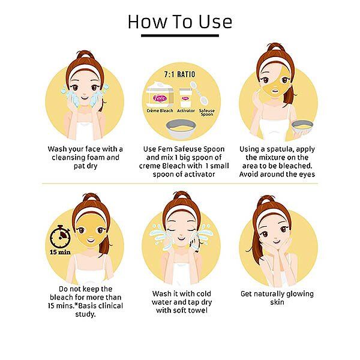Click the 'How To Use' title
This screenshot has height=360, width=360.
(x=180, y=22)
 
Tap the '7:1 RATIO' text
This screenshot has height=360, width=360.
(x=179, y=74)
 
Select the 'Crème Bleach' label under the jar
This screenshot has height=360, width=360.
(x=160, y=110)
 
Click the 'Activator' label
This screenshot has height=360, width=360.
(x=186, y=110)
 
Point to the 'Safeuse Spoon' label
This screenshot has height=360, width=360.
(x=206, y=112)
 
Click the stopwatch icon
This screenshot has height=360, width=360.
(x=60, y=236)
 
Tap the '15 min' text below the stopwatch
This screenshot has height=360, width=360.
(x=60, y=252)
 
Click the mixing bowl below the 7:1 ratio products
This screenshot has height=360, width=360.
(x=181, y=129)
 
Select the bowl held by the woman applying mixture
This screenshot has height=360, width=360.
(x=302, y=127)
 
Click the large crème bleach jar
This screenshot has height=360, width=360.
(x=160, y=95)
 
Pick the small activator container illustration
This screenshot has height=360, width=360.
(x=185, y=98)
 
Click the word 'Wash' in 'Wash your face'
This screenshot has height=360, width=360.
(x=56, y=149)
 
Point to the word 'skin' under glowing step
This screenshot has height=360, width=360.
(x=277, y=302)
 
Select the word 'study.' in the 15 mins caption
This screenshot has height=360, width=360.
(x=85, y=314)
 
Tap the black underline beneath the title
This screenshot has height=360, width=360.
(x=180, y=35)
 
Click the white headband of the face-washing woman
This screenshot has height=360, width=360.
(x=85, y=69)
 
